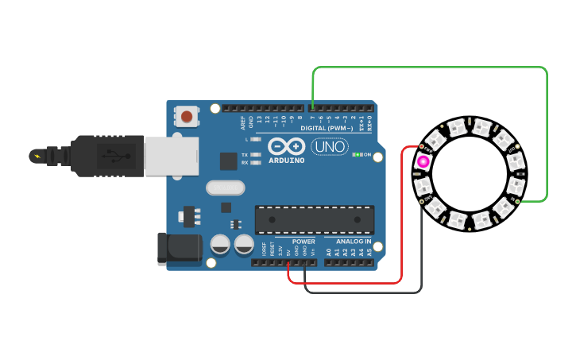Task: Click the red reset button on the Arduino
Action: point(187,117)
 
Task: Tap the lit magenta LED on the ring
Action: point(423,162)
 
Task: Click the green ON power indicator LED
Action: point(358,154)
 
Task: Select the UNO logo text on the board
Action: point(329,146)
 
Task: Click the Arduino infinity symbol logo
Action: point(286,146)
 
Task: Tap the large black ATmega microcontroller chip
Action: point(315,220)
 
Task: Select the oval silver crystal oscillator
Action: point(226,188)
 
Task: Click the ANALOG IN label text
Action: point(354,242)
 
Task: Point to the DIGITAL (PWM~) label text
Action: point(327,128)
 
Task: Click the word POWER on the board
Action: point(303,242)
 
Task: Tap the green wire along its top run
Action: point(429,68)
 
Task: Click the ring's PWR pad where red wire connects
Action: point(421,147)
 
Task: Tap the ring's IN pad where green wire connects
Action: point(518,201)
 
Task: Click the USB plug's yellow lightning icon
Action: point(36,155)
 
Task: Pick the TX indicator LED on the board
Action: point(256,154)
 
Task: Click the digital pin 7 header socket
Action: point(312,107)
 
